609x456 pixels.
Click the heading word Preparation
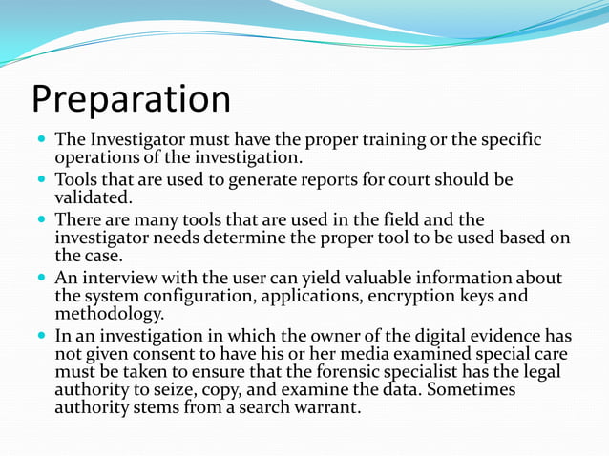131,100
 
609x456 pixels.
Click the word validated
94,197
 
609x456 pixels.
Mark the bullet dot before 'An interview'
41,278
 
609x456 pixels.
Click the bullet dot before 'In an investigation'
41,335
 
